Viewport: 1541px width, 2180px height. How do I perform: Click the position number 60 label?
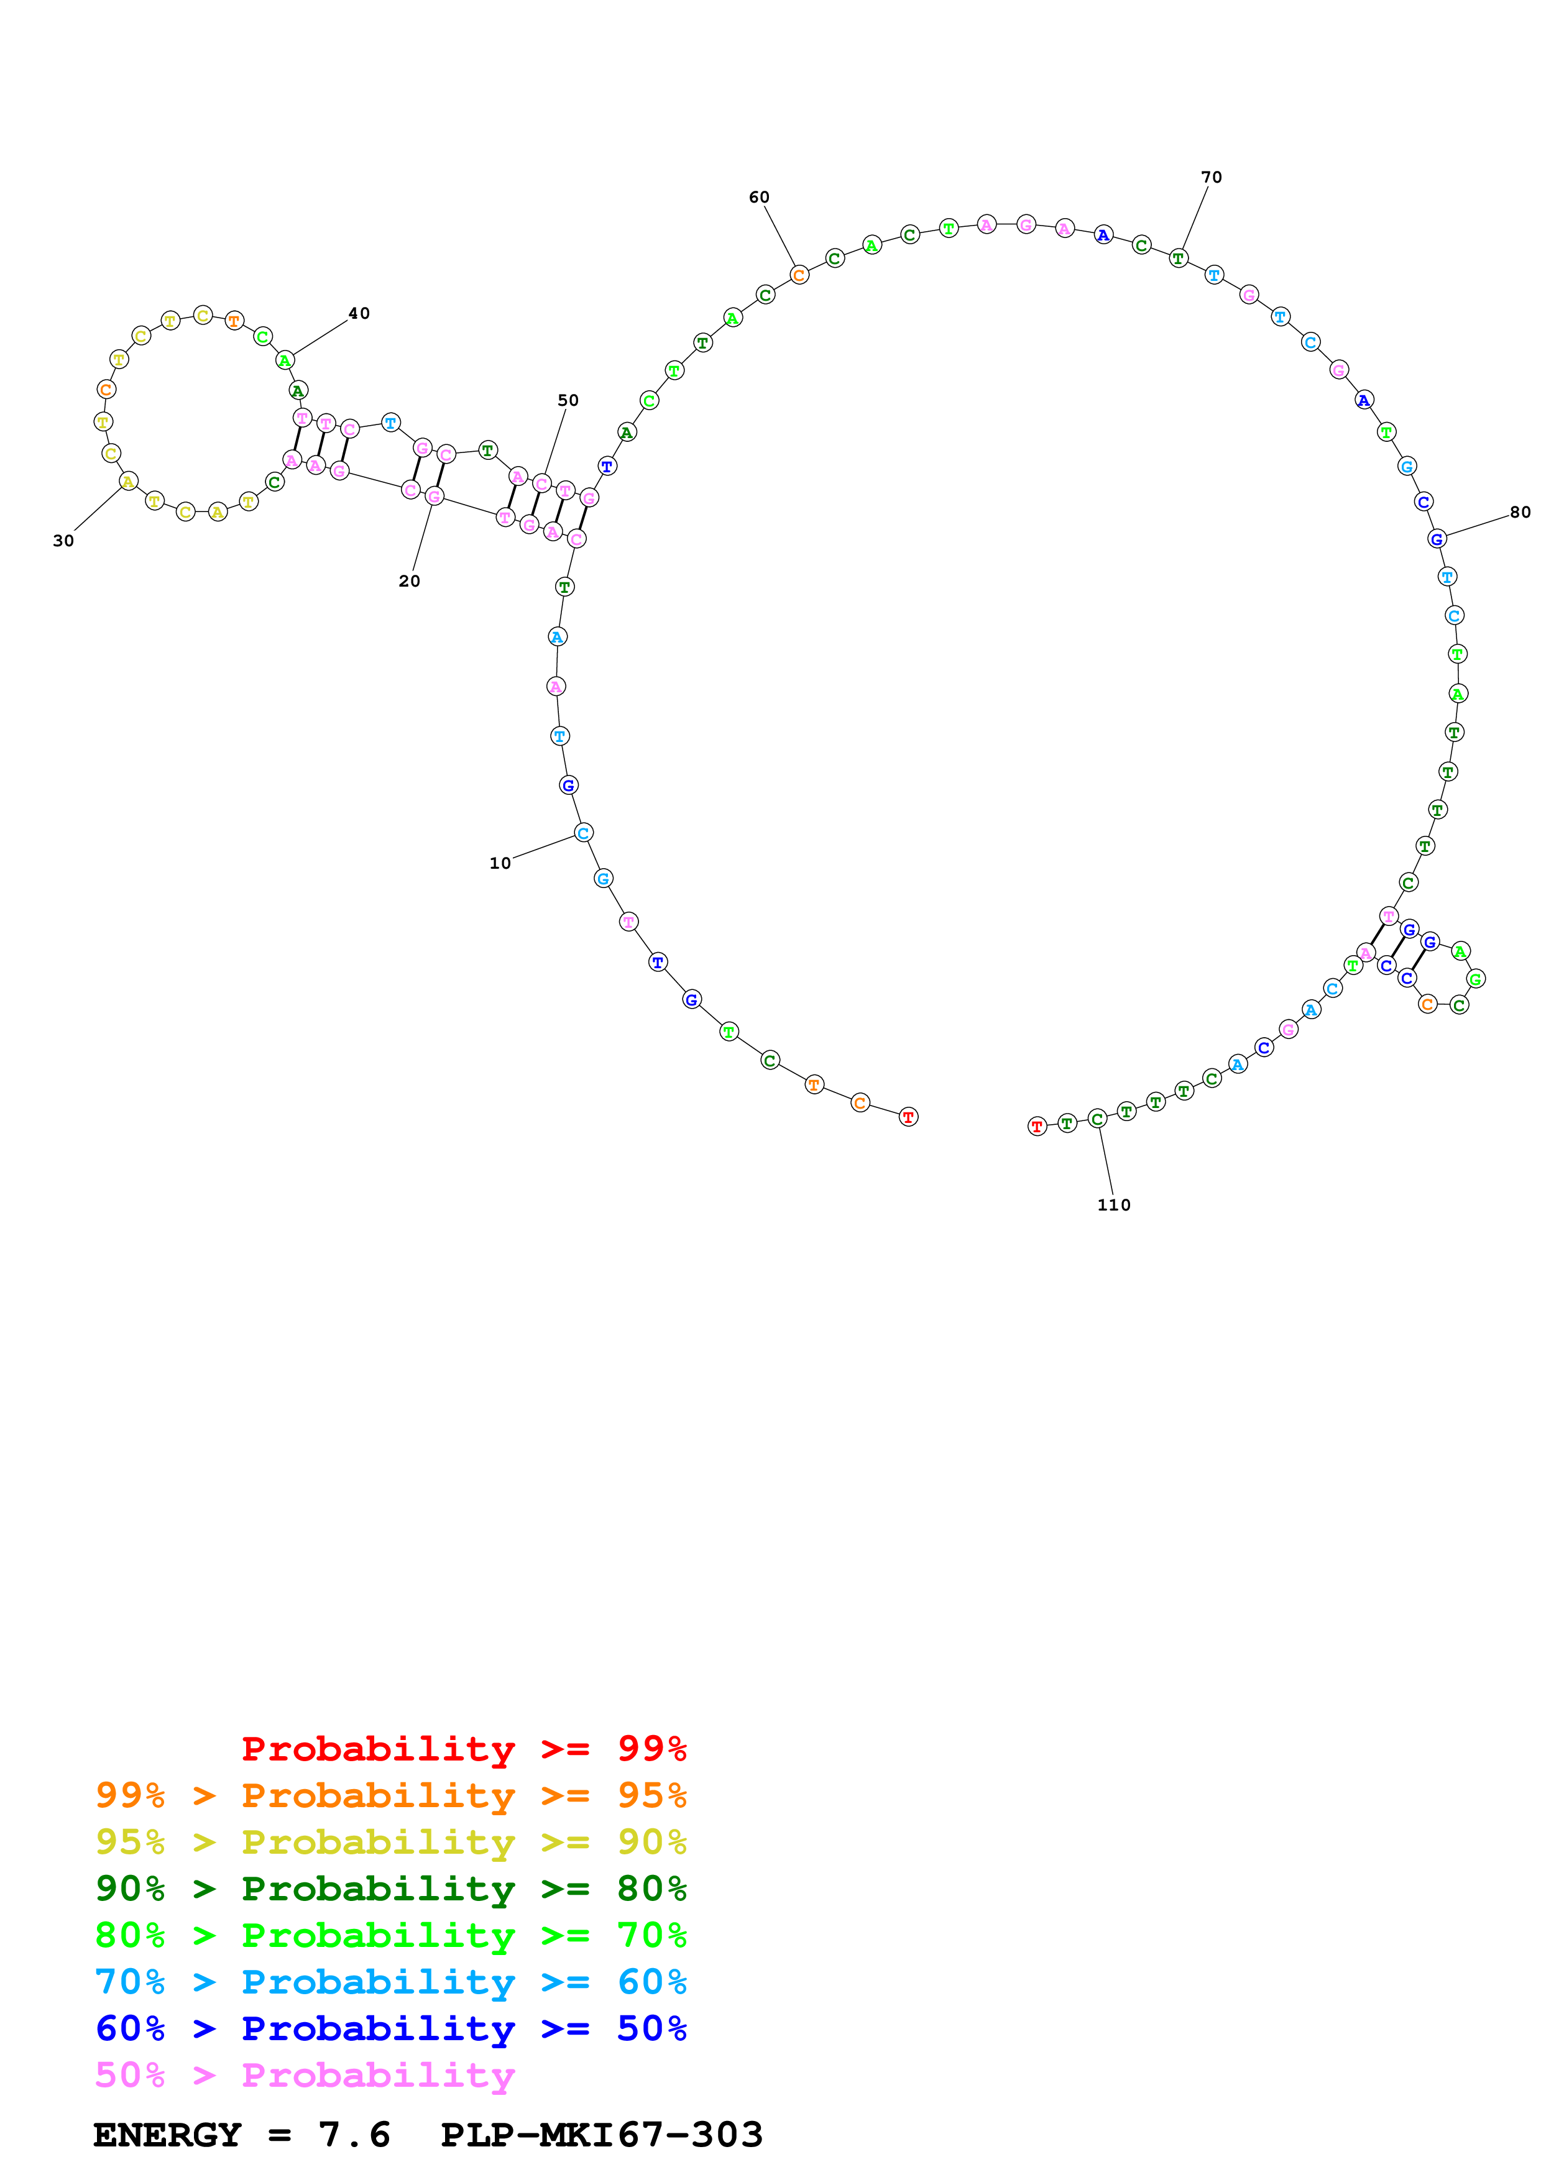point(758,198)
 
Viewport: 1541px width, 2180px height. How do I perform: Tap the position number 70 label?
point(1212,178)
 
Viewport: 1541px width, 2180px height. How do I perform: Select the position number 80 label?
point(1520,513)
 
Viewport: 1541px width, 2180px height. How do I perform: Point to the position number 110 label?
point(1114,1205)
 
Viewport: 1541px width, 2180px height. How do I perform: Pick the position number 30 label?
point(63,541)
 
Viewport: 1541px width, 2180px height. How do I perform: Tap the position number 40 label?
point(359,313)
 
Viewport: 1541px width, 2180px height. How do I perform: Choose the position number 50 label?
point(568,401)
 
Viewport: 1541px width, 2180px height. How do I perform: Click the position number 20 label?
point(409,581)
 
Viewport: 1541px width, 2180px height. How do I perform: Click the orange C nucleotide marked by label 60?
point(799,275)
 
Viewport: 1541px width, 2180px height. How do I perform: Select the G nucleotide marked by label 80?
point(1437,539)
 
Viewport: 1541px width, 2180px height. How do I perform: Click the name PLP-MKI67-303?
point(602,2135)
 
